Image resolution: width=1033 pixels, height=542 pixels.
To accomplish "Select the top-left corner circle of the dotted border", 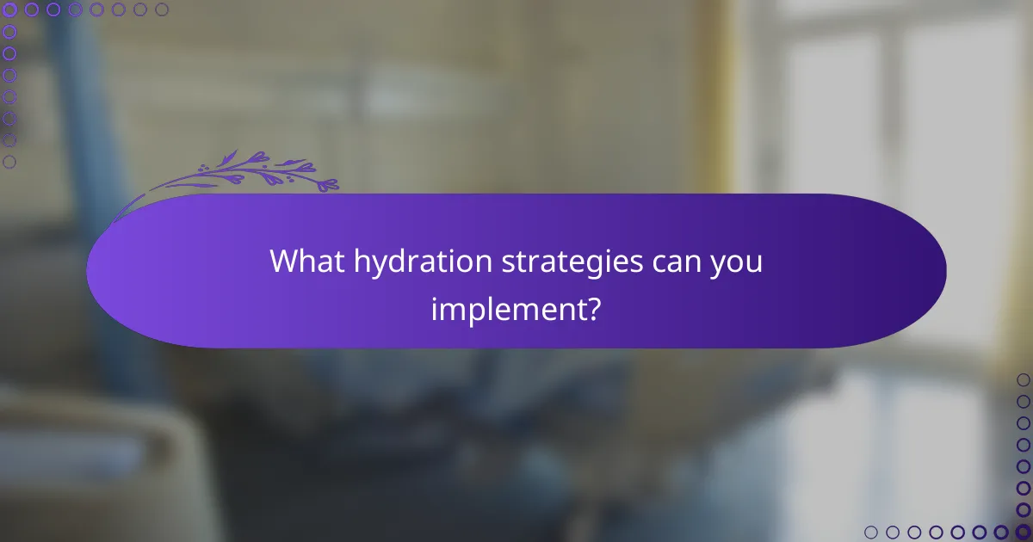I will point(9,9).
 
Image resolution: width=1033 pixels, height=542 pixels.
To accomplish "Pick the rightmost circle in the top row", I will point(162,9).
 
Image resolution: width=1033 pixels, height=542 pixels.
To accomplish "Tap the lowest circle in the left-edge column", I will point(9,161).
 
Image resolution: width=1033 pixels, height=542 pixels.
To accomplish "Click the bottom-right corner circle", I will point(1023,532).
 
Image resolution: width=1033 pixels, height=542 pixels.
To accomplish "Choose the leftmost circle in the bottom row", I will point(871,532).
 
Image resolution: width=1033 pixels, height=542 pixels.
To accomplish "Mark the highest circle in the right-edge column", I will point(1023,379).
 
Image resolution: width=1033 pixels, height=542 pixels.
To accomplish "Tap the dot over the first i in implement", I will point(435,295).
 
